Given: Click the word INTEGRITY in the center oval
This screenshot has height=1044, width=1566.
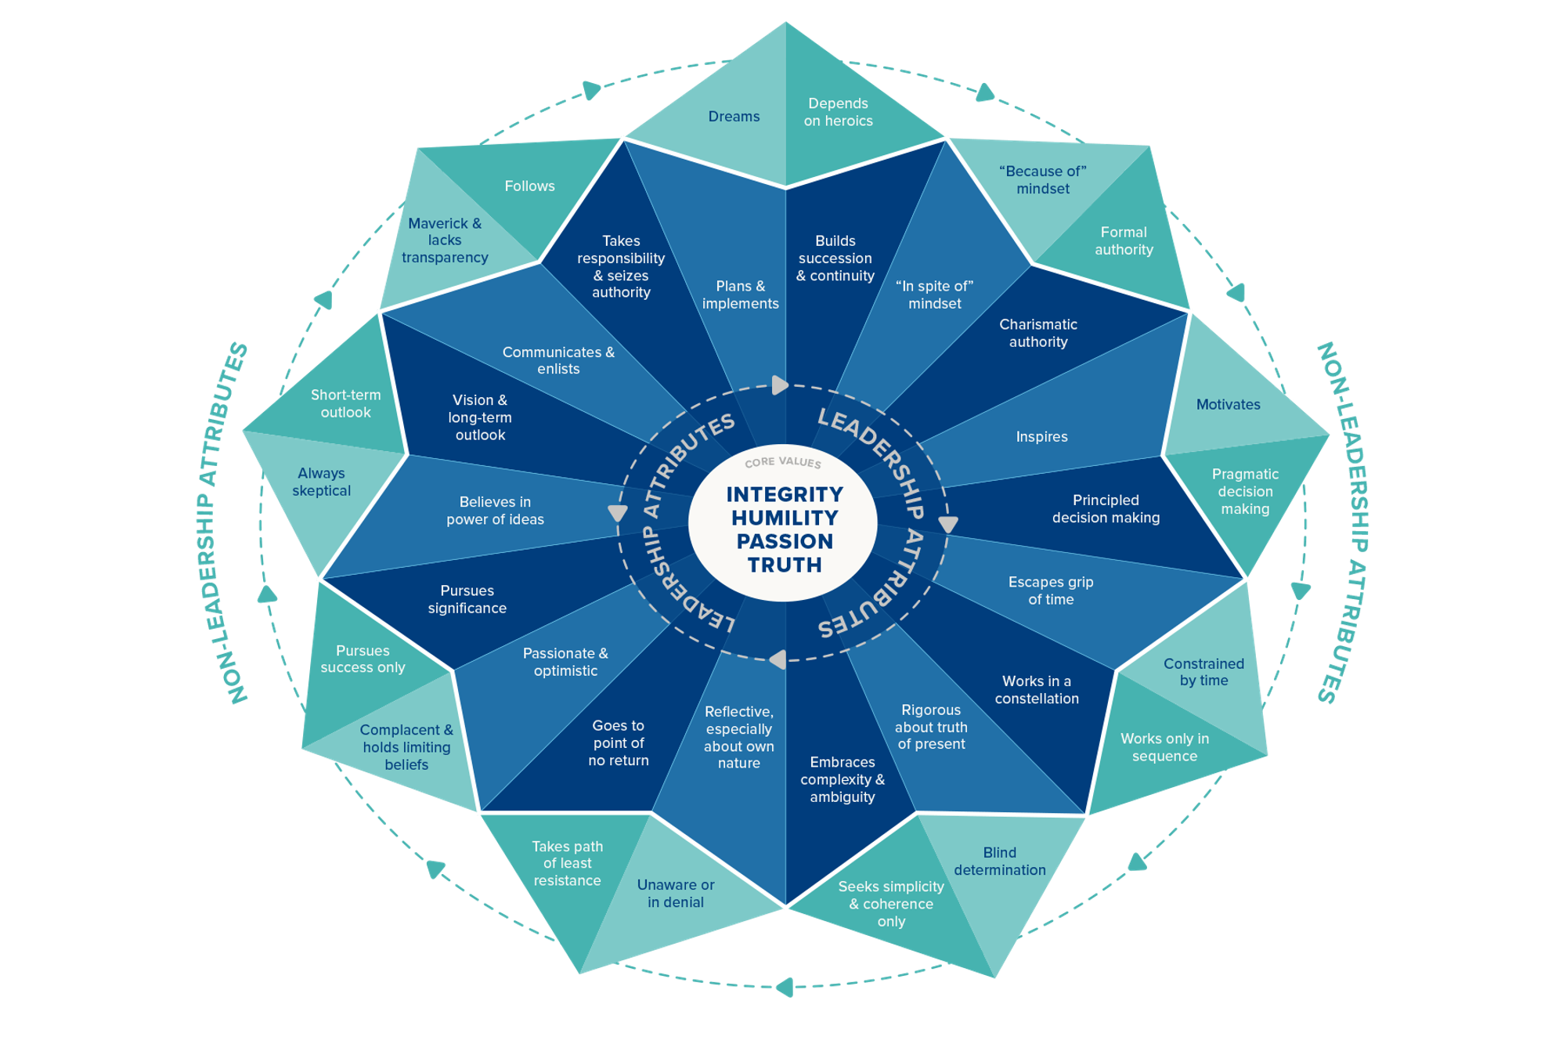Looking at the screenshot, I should [785, 495].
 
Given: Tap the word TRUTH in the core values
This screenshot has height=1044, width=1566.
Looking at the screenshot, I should [785, 565].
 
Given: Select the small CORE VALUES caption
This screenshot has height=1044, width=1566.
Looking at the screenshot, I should [783, 462].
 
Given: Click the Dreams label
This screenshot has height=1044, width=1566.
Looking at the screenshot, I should [734, 117].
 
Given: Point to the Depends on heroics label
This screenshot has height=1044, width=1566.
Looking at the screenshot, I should [838, 112].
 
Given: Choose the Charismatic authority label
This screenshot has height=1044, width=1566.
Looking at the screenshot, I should [1038, 333].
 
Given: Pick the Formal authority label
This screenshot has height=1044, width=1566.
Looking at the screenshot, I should [1124, 241].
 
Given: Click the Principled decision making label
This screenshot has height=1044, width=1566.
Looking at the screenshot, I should [1106, 509].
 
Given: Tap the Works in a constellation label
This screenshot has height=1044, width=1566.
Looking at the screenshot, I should [1037, 690].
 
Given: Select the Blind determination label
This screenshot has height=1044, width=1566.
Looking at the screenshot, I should [1000, 862].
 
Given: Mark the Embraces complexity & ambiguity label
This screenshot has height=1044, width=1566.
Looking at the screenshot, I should [843, 779].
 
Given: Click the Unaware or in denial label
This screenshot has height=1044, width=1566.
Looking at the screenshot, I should [676, 894].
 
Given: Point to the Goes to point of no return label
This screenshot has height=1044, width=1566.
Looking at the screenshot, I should [619, 743].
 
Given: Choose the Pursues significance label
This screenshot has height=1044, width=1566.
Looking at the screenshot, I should [467, 599].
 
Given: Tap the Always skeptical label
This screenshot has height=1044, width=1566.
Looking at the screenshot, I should [321, 482].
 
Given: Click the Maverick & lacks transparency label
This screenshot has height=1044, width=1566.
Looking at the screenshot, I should [445, 240].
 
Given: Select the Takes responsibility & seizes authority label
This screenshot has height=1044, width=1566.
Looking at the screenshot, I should [621, 267].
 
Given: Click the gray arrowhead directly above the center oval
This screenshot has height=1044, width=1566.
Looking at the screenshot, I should [780, 385].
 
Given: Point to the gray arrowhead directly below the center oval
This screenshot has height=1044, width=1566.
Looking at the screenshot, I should [778, 660].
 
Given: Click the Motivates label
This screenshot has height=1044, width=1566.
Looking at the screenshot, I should [1228, 405].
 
